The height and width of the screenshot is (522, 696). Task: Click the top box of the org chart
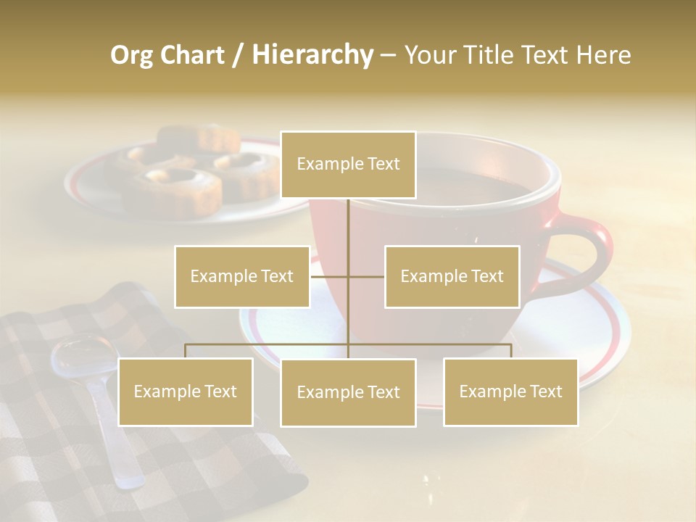(348, 165)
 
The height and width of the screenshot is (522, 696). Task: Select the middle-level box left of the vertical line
(242, 276)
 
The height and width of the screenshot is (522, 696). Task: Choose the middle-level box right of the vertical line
(452, 276)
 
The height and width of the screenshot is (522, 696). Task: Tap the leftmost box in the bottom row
(186, 391)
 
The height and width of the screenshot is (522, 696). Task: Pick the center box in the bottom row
(348, 392)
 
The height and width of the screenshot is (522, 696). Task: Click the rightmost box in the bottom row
(510, 391)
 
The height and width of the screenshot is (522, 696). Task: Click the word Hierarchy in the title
(312, 55)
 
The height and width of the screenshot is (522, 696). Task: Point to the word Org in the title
(131, 55)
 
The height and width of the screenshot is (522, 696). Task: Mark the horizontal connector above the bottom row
(268, 344)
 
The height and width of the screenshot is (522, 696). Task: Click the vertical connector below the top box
(348, 232)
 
